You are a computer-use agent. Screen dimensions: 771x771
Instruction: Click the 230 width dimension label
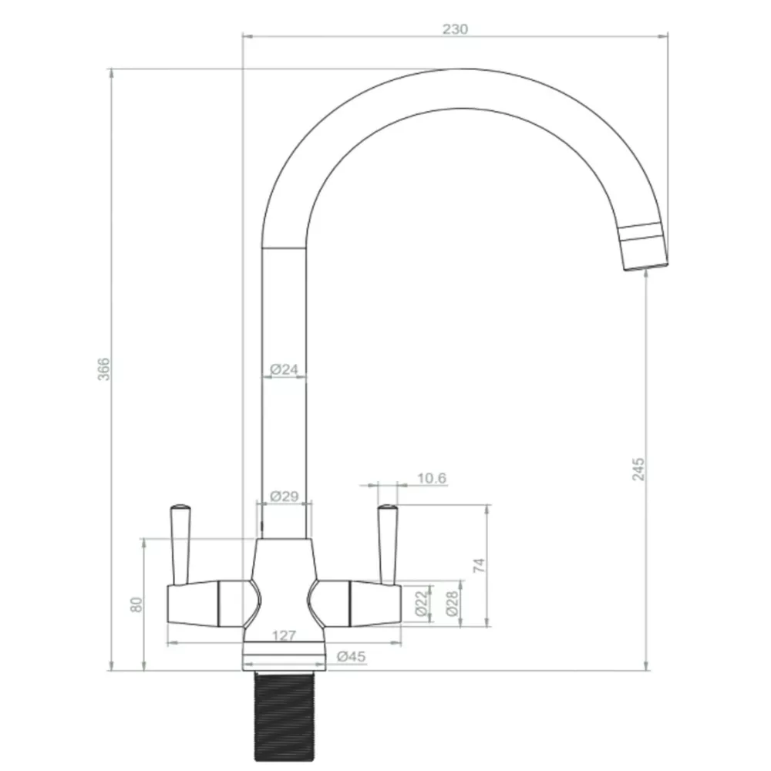click(455, 29)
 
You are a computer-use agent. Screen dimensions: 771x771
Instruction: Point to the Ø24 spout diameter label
click(284, 369)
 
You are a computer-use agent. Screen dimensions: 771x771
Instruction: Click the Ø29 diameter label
click(284, 497)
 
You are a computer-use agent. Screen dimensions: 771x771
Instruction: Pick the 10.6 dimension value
click(432, 478)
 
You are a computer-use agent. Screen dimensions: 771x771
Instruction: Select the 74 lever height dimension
click(479, 564)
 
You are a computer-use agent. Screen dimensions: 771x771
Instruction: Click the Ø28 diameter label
click(453, 602)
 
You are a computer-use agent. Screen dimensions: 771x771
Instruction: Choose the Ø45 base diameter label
click(352, 657)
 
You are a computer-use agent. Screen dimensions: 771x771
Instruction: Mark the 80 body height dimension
click(137, 604)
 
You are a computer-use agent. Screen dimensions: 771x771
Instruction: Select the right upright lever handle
click(387, 544)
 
